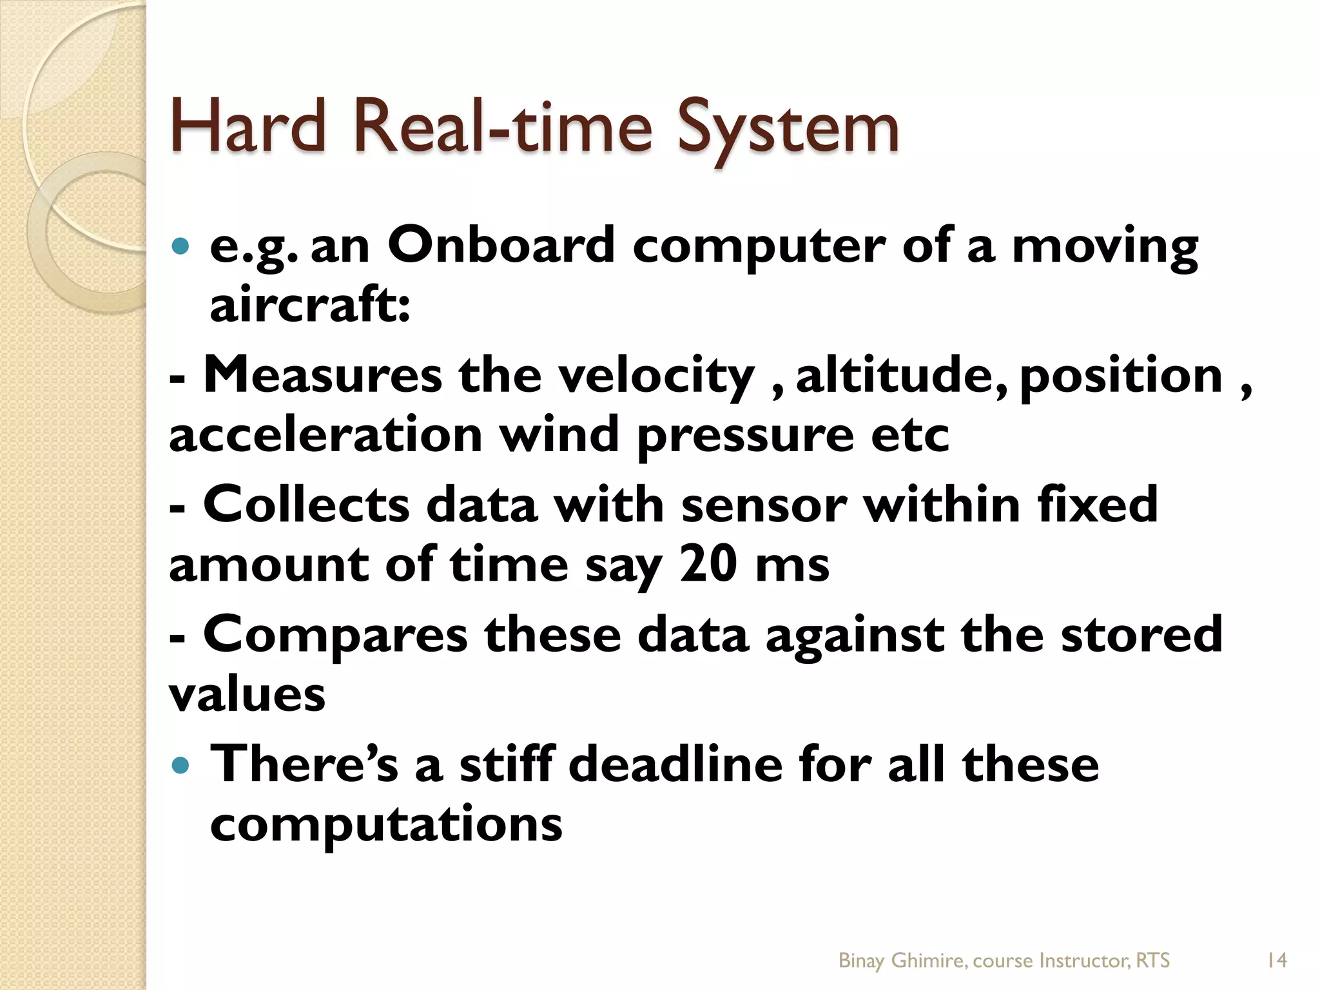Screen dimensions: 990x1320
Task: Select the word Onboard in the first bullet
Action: (501, 246)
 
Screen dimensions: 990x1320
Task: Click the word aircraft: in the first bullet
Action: (310, 306)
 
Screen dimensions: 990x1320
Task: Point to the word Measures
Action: (323, 375)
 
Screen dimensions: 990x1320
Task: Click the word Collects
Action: (306, 505)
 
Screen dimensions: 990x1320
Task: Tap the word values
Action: (247, 695)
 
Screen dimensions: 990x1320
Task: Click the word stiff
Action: (506, 764)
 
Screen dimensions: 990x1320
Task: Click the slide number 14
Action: (1276, 961)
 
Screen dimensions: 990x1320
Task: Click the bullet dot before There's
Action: (181, 766)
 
